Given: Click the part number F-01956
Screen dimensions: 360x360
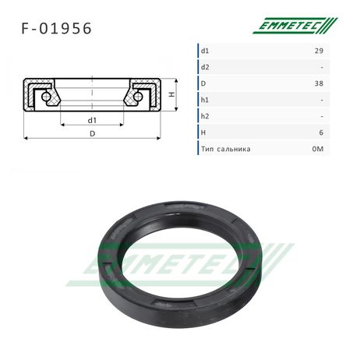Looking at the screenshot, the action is [x=56, y=28].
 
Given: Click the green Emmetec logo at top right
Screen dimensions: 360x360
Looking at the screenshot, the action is [x=295, y=26].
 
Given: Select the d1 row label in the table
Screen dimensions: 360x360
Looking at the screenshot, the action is [x=205, y=51].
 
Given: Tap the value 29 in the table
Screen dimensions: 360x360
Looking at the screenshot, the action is [x=319, y=51].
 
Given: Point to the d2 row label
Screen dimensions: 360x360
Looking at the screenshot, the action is [x=205, y=67].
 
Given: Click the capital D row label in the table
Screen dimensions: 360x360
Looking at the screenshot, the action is [x=203, y=83].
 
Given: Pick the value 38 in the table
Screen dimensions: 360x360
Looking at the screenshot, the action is [x=319, y=83].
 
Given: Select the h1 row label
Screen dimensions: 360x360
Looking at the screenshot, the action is [x=205, y=100].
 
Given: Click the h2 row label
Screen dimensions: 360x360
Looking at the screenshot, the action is [x=205, y=116].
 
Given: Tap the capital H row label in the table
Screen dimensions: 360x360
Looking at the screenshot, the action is [x=203, y=132].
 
